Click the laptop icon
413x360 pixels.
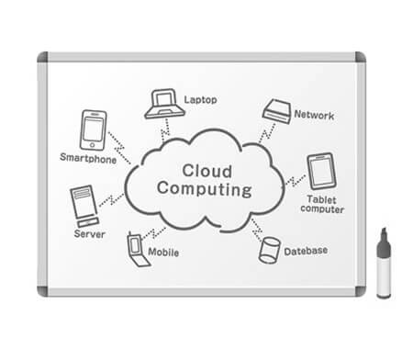(x=164, y=104)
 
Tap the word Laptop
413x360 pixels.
(x=200, y=100)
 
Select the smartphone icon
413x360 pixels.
(x=94, y=130)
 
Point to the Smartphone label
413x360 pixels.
(x=88, y=158)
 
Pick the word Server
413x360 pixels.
(x=90, y=234)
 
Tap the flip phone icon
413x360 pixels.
(x=138, y=250)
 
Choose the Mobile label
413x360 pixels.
(x=163, y=253)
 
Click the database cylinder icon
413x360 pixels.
(x=269, y=250)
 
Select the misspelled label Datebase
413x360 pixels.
(x=306, y=251)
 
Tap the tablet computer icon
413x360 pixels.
(x=321, y=172)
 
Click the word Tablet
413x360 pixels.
(x=321, y=199)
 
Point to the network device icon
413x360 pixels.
(x=277, y=111)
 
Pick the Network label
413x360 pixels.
(x=314, y=115)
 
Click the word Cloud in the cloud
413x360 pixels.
(x=206, y=171)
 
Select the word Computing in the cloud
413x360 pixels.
(x=205, y=189)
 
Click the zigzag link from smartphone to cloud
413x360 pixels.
(x=119, y=148)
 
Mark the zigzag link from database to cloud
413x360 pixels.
(x=257, y=230)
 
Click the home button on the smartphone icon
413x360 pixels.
(x=93, y=145)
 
